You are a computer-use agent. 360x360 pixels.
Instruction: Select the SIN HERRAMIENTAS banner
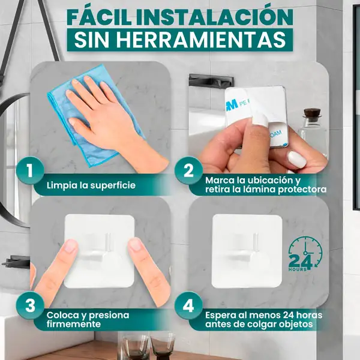point(180,39)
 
